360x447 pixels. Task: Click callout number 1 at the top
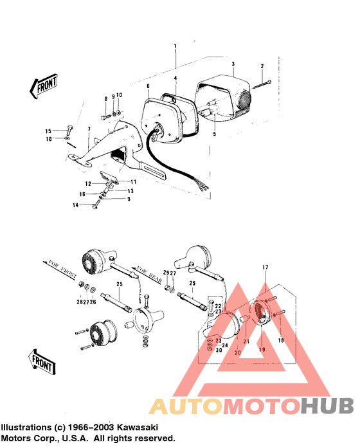tap(174, 46)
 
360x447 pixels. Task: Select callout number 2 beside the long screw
tap(262, 67)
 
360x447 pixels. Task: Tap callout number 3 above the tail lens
tap(233, 64)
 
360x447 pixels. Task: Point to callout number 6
tap(148, 86)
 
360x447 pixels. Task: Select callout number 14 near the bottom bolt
tap(76, 205)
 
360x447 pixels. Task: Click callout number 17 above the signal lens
tap(264, 267)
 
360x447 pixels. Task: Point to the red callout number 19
tap(261, 349)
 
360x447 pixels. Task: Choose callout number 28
tap(78, 302)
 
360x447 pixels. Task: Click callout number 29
tap(165, 274)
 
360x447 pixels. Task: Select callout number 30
tap(219, 350)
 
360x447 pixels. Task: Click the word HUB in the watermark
tap(327, 406)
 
